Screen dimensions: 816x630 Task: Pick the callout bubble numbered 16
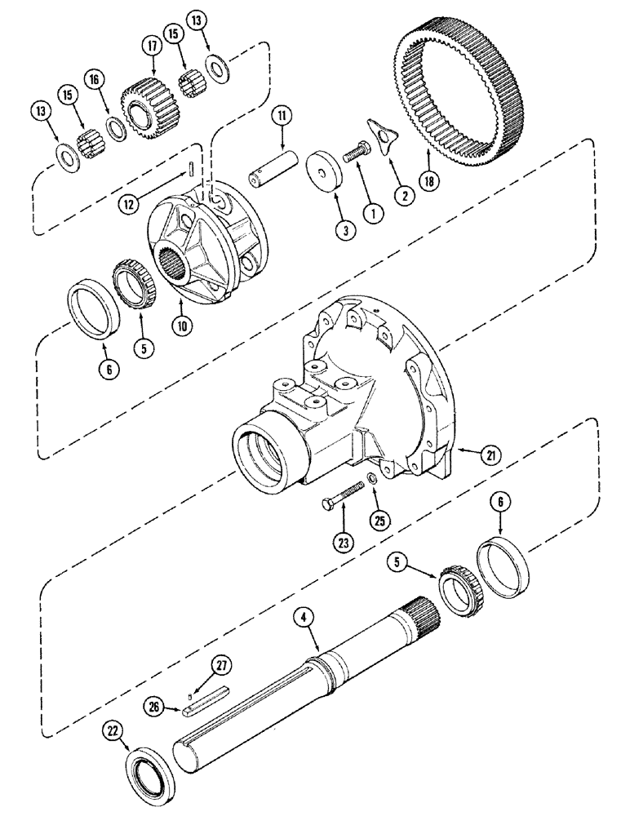(x=95, y=79)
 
